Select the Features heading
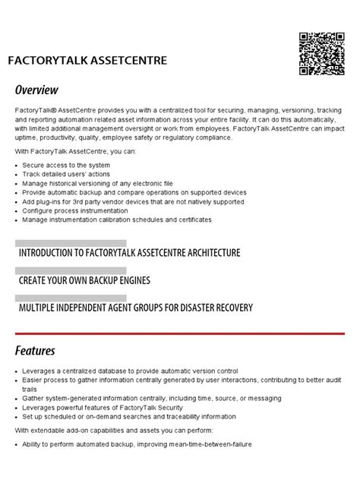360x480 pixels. [x=35, y=351]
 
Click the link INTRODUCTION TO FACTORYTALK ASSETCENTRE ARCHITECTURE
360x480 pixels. [x=129, y=252]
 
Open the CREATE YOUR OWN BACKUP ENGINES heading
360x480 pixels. [x=84, y=280]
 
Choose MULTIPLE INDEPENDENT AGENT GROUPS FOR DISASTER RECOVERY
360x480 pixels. [x=136, y=308]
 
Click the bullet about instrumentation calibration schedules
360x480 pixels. [x=117, y=219]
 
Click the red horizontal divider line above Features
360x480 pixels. [x=180, y=333]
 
